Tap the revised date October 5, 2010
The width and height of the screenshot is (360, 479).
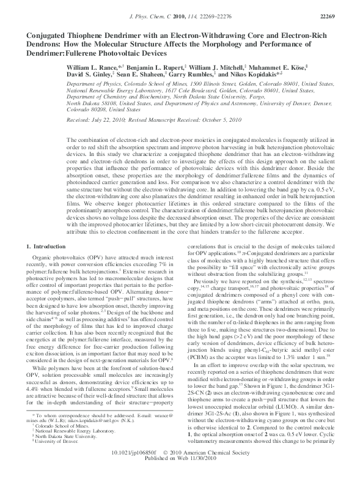coord(205,121)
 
